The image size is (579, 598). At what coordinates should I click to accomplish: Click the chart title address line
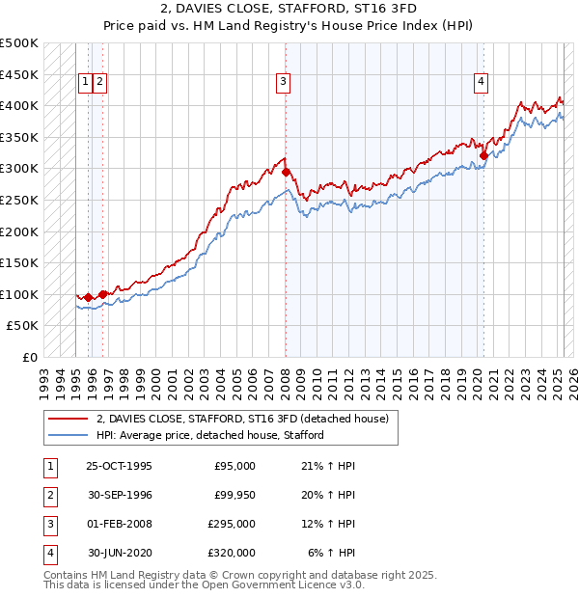pyautogui.click(x=289, y=11)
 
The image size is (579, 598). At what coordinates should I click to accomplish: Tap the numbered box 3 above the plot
pyautogui.click(x=283, y=83)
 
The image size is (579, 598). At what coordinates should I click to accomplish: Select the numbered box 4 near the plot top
pyautogui.click(x=480, y=83)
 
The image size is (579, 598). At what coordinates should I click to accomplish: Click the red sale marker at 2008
pyautogui.click(x=286, y=172)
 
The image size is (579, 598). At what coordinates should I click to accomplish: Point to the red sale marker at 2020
pyautogui.click(x=483, y=155)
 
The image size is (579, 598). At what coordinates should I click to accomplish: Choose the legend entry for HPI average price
pyautogui.click(x=210, y=435)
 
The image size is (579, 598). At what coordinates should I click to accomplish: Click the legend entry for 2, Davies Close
pyautogui.click(x=241, y=419)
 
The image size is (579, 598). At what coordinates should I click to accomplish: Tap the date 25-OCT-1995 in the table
pyautogui.click(x=119, y=466)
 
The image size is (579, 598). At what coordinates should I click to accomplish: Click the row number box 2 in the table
pyautogui.click(x=48, y=495)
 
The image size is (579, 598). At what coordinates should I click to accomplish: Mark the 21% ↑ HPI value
pyautogui.click(x=328, y=466)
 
